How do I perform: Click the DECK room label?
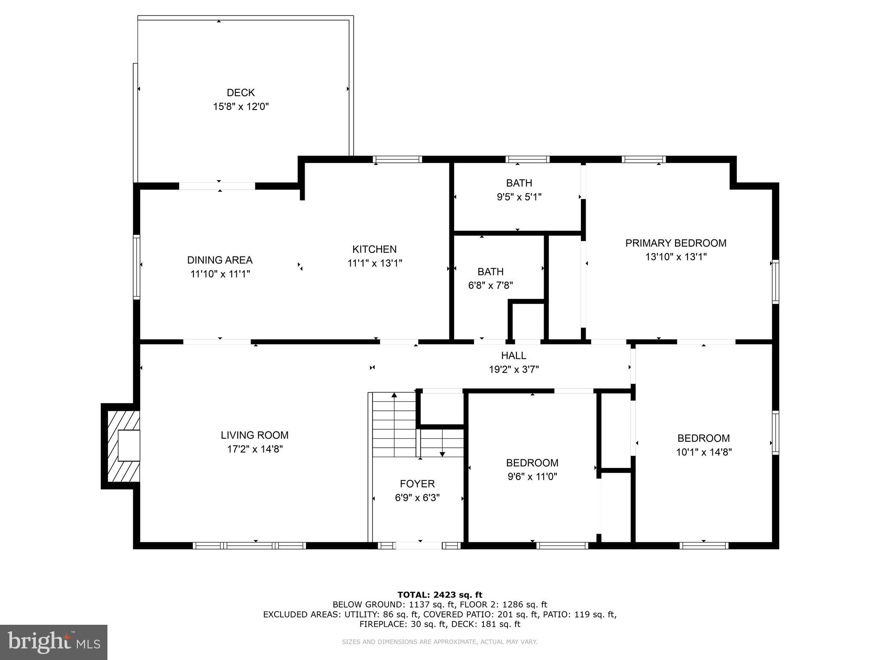pos(241,92)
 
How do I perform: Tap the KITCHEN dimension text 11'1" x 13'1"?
pos(375,263)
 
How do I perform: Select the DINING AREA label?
pos(220,260)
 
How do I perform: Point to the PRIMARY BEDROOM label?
pos(675,243)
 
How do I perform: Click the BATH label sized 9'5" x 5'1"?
pos(519,183)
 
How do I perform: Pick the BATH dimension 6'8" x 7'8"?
pos(490,285)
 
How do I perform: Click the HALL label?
pos(513,355)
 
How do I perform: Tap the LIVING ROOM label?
pos(254,435)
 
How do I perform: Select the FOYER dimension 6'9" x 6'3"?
pos(417,498)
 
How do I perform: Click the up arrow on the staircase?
pos(394,396)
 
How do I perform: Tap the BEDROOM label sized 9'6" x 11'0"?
pos(532,463)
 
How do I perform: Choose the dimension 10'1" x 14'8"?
pos(703,452)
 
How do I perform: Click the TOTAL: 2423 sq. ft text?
pos(440,595)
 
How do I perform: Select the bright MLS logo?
pos(53,642)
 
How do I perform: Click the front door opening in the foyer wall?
pos(419,545)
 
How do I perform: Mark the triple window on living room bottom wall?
pos(249,545)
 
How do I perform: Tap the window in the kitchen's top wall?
pos(397,159)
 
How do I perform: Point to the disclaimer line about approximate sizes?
pos(440,642)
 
